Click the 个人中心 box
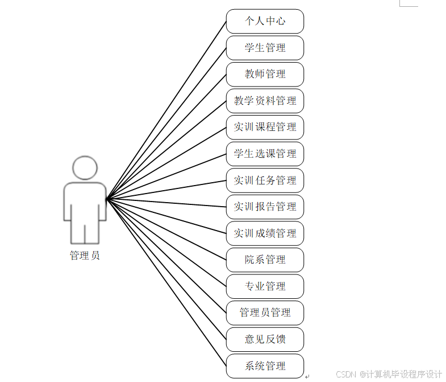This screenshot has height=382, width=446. [265, 21]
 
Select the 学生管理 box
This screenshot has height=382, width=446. [265, 48]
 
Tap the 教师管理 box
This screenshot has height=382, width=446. [265, 74]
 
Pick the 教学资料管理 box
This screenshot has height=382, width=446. [265, 101]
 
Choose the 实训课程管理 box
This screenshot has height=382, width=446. [265, 127]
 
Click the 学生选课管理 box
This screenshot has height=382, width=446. [265, 154]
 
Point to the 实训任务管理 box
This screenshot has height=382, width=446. [265, 180]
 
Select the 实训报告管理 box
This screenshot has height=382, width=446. [265, 207]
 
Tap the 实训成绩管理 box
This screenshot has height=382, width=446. [265, 233]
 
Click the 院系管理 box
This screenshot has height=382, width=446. [265, 260]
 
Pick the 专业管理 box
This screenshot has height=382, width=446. [265, 286]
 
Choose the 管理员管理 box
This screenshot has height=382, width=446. [265, 313]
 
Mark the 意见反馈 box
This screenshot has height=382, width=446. [265, 339]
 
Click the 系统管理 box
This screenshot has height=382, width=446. [265, 365]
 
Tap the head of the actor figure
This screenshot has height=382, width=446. [85, 169]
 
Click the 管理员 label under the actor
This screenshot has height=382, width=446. [85, 256]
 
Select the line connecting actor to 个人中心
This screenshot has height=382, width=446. [166, 111]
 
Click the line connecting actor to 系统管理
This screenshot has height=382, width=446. [166, 281]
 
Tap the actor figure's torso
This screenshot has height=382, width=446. [85, 202]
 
